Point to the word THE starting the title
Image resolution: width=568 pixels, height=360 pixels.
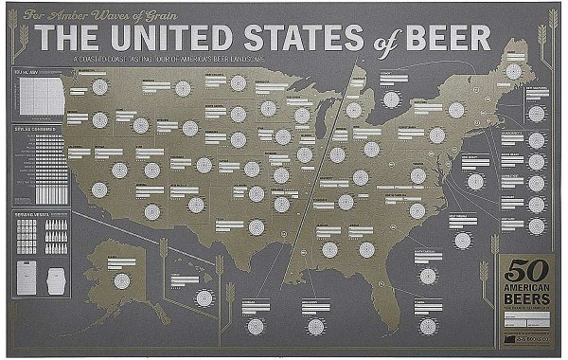67,38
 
